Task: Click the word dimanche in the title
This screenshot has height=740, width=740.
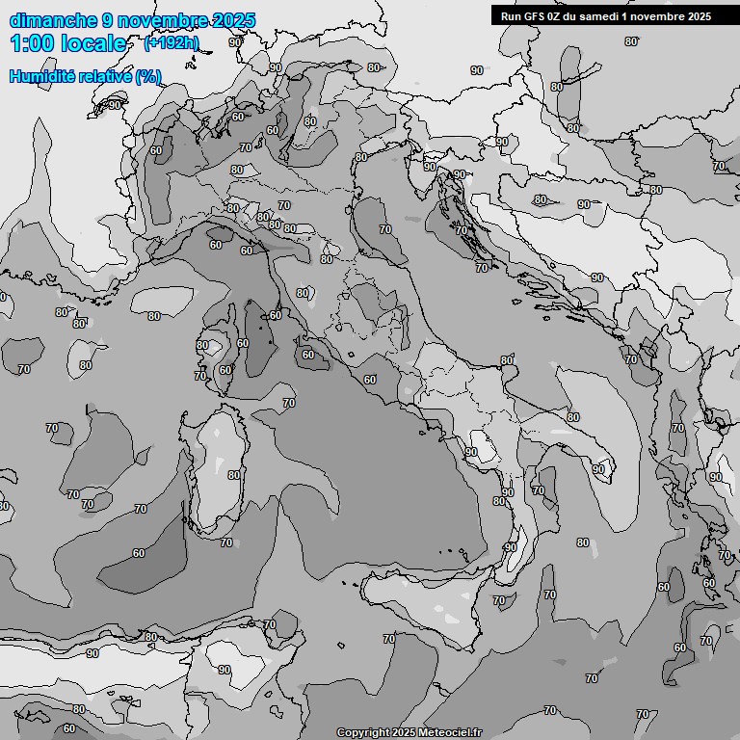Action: (53, 20)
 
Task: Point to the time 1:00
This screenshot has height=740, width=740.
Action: (33, 43)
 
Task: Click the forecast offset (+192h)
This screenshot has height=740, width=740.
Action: (171, 43)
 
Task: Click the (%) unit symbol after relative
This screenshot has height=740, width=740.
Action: (147, 76)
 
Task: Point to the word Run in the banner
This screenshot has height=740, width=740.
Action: (511, 15)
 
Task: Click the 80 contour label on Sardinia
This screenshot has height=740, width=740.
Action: (234, 475)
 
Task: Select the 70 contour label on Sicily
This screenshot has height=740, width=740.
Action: (499, 600)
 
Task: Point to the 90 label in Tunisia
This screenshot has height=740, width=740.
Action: (225, 670)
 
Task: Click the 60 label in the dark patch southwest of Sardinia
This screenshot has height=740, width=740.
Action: (139, 553)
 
